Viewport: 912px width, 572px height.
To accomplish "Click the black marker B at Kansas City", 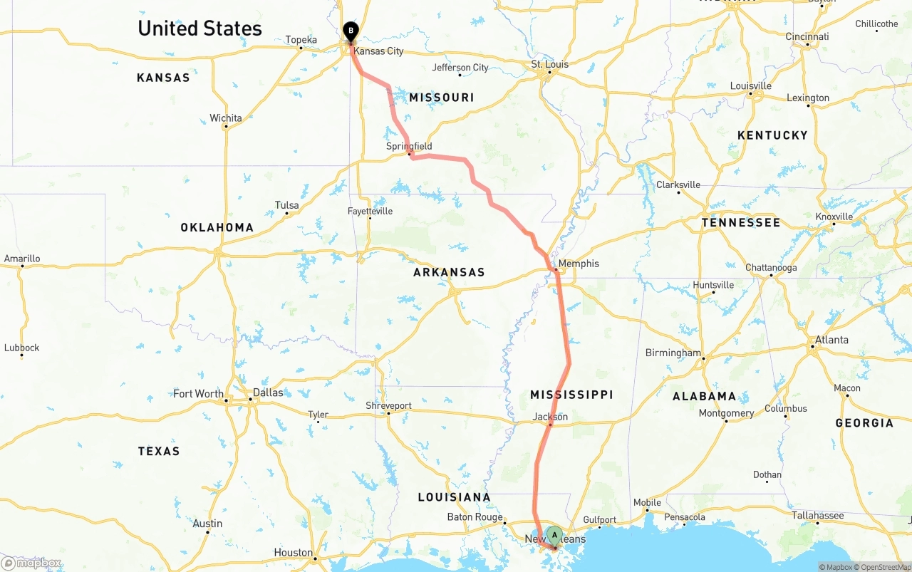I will pyautogui.click(x=351, y=31).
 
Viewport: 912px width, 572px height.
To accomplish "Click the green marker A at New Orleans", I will pyautogui.click(x=554, y=536).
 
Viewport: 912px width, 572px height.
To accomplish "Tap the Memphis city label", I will pyautogui.click(x=579, y=264).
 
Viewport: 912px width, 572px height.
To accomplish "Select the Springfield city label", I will pyautogui.click(x=409, y=146).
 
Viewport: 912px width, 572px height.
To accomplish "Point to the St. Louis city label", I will pyautogui.click(x=550, y=64).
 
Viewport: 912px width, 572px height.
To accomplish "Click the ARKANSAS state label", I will pyautogui.click(x=449, y=272).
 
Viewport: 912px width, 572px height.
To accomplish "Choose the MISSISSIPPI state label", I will pyautogui.click(x=571, y=395).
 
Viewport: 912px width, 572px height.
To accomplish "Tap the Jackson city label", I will pyautogui.click(x=551, y=417).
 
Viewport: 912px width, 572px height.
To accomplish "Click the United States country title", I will pyautogui.click(x=199, y=28).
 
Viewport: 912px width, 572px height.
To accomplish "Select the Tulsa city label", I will pyautogui.click(x=287, y=205).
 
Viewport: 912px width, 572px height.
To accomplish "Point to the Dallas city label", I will pyautogui.click(x=268, y=392).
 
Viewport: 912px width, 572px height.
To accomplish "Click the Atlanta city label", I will pyautogui.click(x=832, y=340).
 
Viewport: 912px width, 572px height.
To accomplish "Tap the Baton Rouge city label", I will pyautogui.click(x=475, y=517).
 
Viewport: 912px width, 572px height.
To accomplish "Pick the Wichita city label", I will pyautogui.click(x=225, y=118).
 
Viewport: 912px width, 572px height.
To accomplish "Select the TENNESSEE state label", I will pyautogui.click(x=741, y=223).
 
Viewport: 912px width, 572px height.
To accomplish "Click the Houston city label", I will pyautogui.click(x=294, y=553).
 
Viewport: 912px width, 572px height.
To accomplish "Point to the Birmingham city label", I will pyautogui.click(x=673, y=353).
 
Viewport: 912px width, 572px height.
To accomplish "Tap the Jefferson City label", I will pyautogui.click(x=460, y=68).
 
